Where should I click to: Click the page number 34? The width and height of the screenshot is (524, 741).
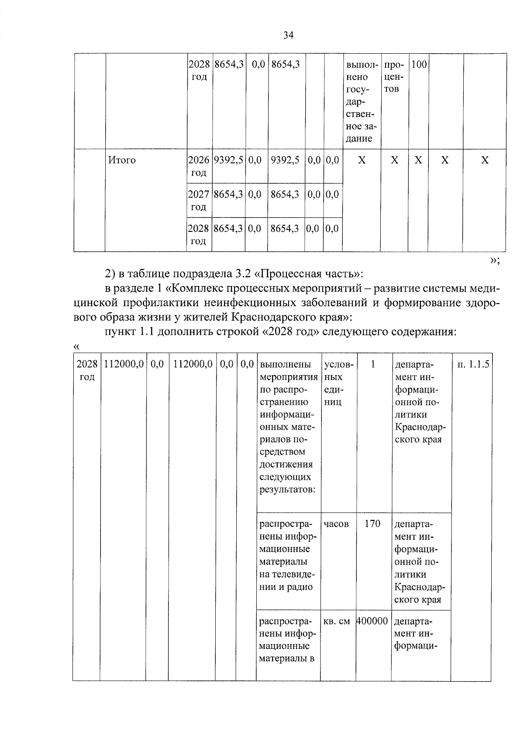coord(288,35)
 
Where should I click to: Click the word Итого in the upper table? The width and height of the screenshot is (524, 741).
coord(122,160)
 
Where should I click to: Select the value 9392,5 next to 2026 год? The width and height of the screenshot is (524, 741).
coord(228,160)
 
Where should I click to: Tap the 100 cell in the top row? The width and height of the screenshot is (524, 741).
coord(419,65)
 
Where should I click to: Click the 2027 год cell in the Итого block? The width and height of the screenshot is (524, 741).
coord(199,200)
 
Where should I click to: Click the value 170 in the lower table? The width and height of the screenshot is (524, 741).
coord(372,524)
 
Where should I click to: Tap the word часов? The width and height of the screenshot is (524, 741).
coord(336,524)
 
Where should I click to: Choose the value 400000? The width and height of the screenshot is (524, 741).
coord(372,620)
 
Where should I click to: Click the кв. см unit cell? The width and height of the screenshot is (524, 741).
coord(337,620)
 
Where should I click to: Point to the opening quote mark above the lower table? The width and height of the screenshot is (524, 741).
coord(77,347)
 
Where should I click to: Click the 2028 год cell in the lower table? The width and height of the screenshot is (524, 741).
coord(86,370)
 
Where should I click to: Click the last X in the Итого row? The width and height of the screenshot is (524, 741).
coord(484,160)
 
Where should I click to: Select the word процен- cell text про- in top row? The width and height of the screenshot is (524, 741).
coord(393,65)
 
